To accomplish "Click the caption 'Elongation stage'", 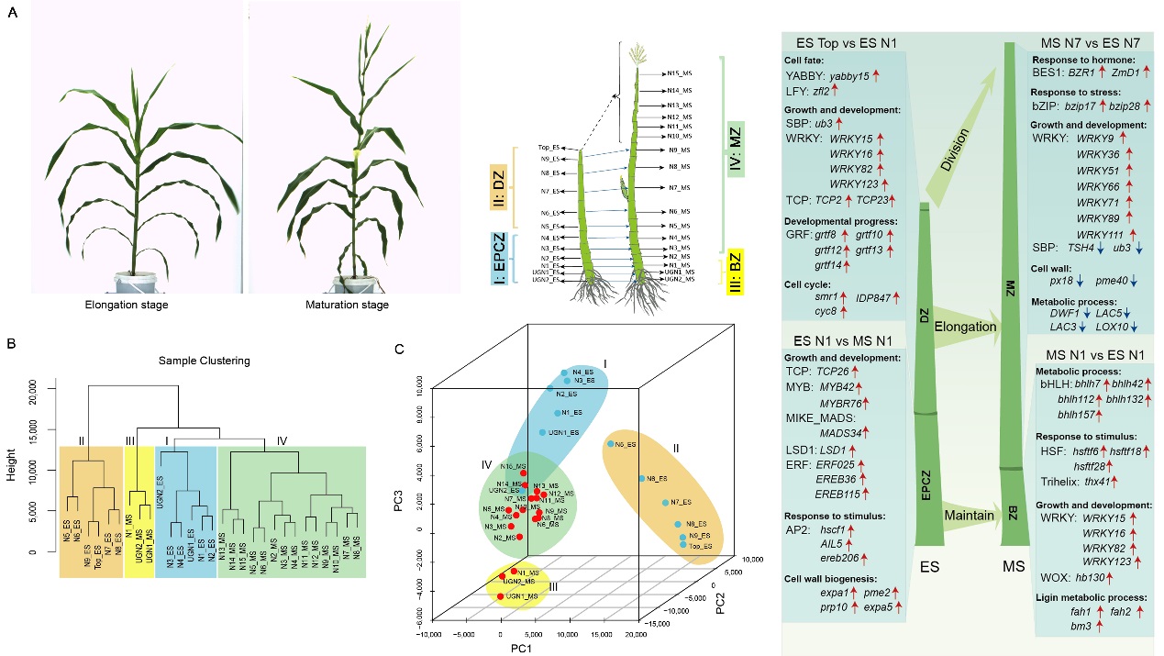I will click(138, 306).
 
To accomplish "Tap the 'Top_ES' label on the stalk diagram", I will click(550, 147).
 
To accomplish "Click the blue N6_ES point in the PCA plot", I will click(609, 444).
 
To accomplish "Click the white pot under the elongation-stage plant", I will click(137, 276).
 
